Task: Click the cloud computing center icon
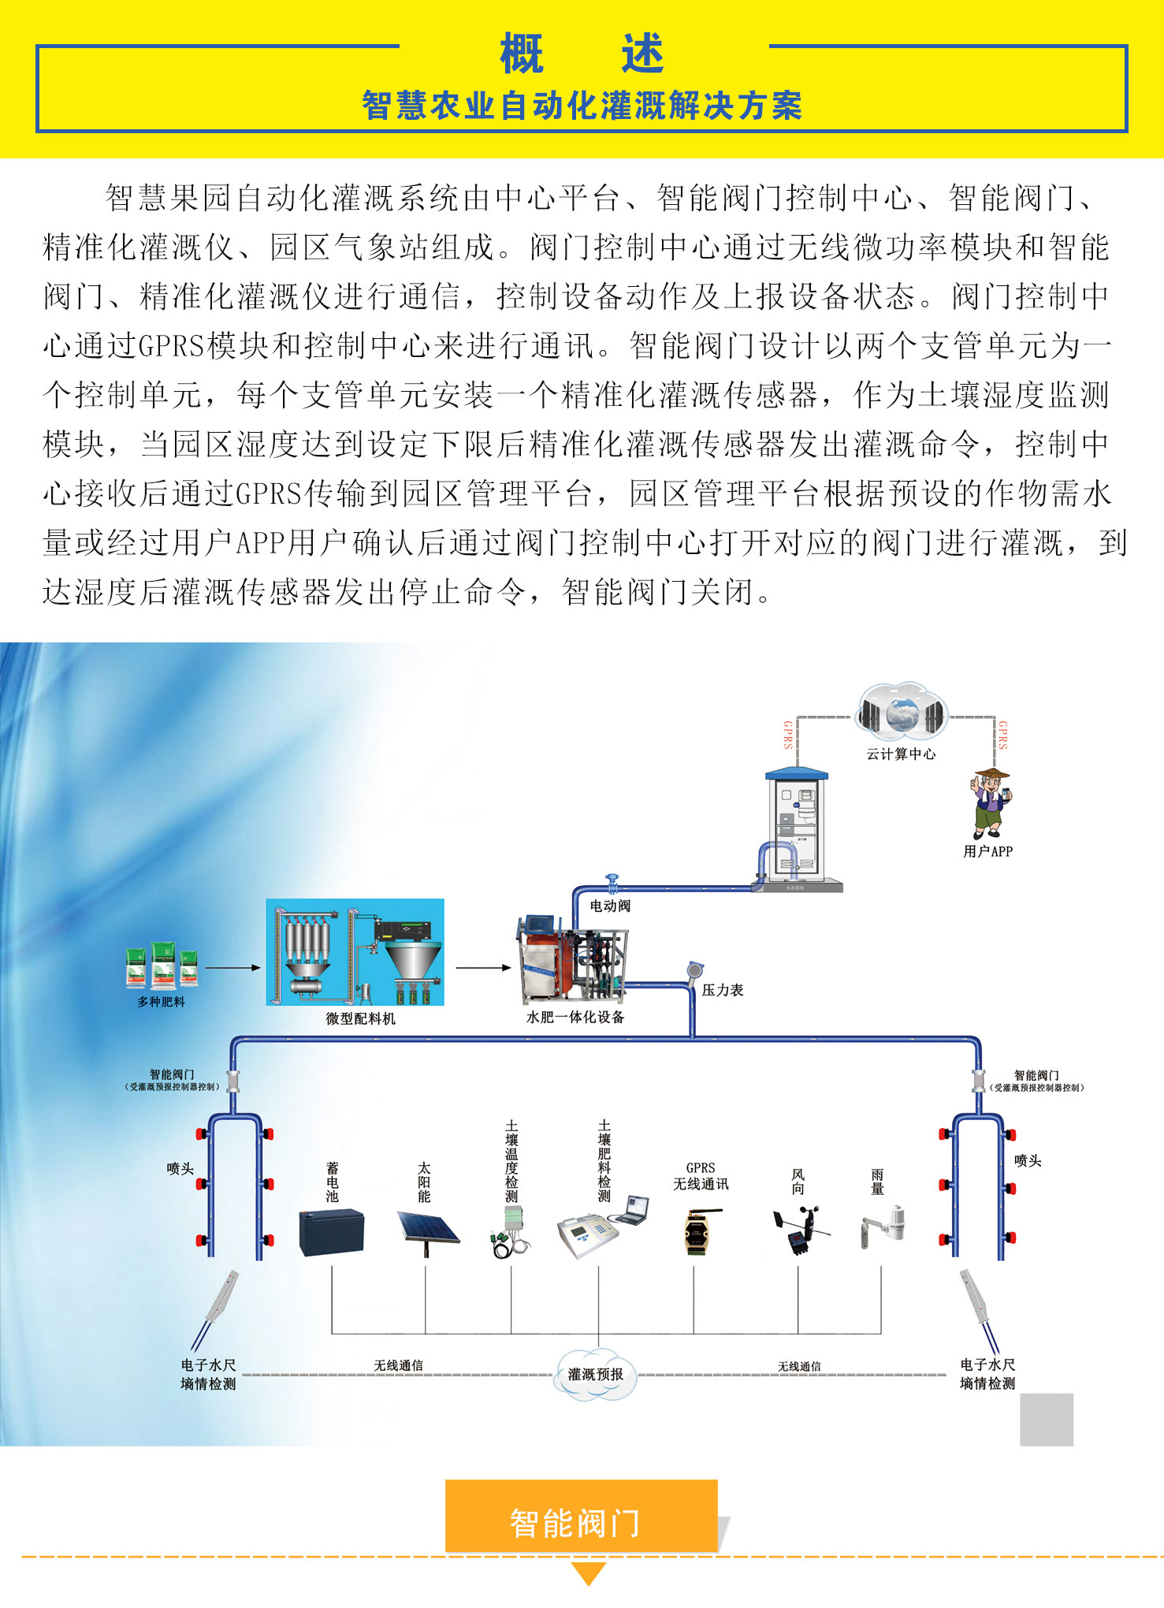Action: [902, 713]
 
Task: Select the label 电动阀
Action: [610, 906]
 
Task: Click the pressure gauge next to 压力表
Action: [694, 970]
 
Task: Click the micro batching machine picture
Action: [355, 951]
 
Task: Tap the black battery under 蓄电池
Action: [332, 1231]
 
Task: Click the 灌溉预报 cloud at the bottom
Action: [596, 1374]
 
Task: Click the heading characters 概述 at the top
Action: [582, 54]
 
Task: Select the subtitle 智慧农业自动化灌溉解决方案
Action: [582, 106]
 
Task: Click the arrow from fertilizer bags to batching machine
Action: [232, 967]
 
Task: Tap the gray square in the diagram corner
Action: [1047, 1419]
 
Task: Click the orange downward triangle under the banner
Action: [588, 1573]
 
